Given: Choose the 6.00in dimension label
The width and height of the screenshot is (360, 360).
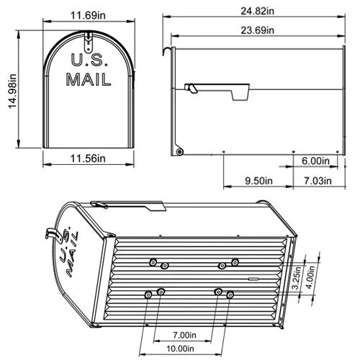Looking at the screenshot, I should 315,161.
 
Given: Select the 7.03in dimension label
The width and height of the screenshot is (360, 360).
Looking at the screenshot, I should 316,181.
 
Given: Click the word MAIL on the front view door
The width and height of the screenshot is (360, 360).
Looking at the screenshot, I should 88,78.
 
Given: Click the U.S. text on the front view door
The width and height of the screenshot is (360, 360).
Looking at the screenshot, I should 86,60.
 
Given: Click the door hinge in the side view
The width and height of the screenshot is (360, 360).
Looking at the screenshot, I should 179,150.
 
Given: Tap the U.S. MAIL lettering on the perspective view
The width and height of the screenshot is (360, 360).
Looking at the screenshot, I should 66,250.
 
